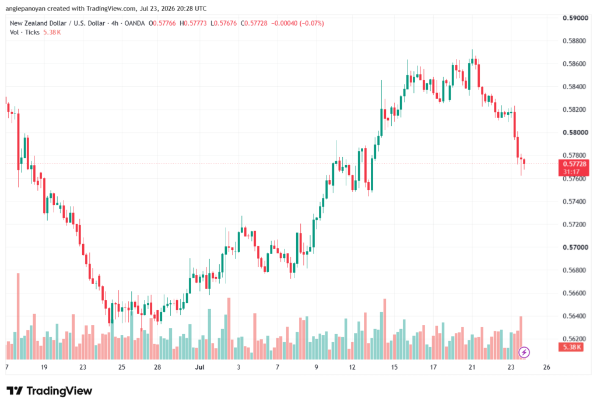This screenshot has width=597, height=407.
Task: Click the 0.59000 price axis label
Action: point(575,18)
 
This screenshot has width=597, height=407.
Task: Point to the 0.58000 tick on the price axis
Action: point(575,132)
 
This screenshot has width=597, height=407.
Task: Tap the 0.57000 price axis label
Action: point(575,247)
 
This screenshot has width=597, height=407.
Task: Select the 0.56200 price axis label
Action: point(575,339)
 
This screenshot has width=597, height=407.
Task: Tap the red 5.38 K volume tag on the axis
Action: point(571,347)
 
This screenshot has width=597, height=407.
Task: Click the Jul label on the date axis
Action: point(199,367)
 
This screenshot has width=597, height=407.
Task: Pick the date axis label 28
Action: point(157,367)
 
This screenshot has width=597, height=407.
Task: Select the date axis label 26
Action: point(547,367)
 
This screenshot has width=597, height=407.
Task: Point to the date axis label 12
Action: point(352,367)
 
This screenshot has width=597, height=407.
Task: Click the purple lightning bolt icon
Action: point(524,352)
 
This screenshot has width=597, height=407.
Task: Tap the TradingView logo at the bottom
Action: point(50,391)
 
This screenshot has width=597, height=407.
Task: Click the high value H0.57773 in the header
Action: point(193,23)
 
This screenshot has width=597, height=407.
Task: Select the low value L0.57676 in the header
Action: point(223,23)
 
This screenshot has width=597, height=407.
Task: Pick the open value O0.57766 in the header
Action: point(162,23)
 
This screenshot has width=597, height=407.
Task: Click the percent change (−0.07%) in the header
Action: point(312,23)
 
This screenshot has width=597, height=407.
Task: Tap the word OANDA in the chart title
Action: point(135,23)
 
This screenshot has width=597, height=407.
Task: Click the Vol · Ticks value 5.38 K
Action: point(52,33)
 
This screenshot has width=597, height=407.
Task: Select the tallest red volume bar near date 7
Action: point(18,316)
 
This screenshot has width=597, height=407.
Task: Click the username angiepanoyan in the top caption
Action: point(25,8)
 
